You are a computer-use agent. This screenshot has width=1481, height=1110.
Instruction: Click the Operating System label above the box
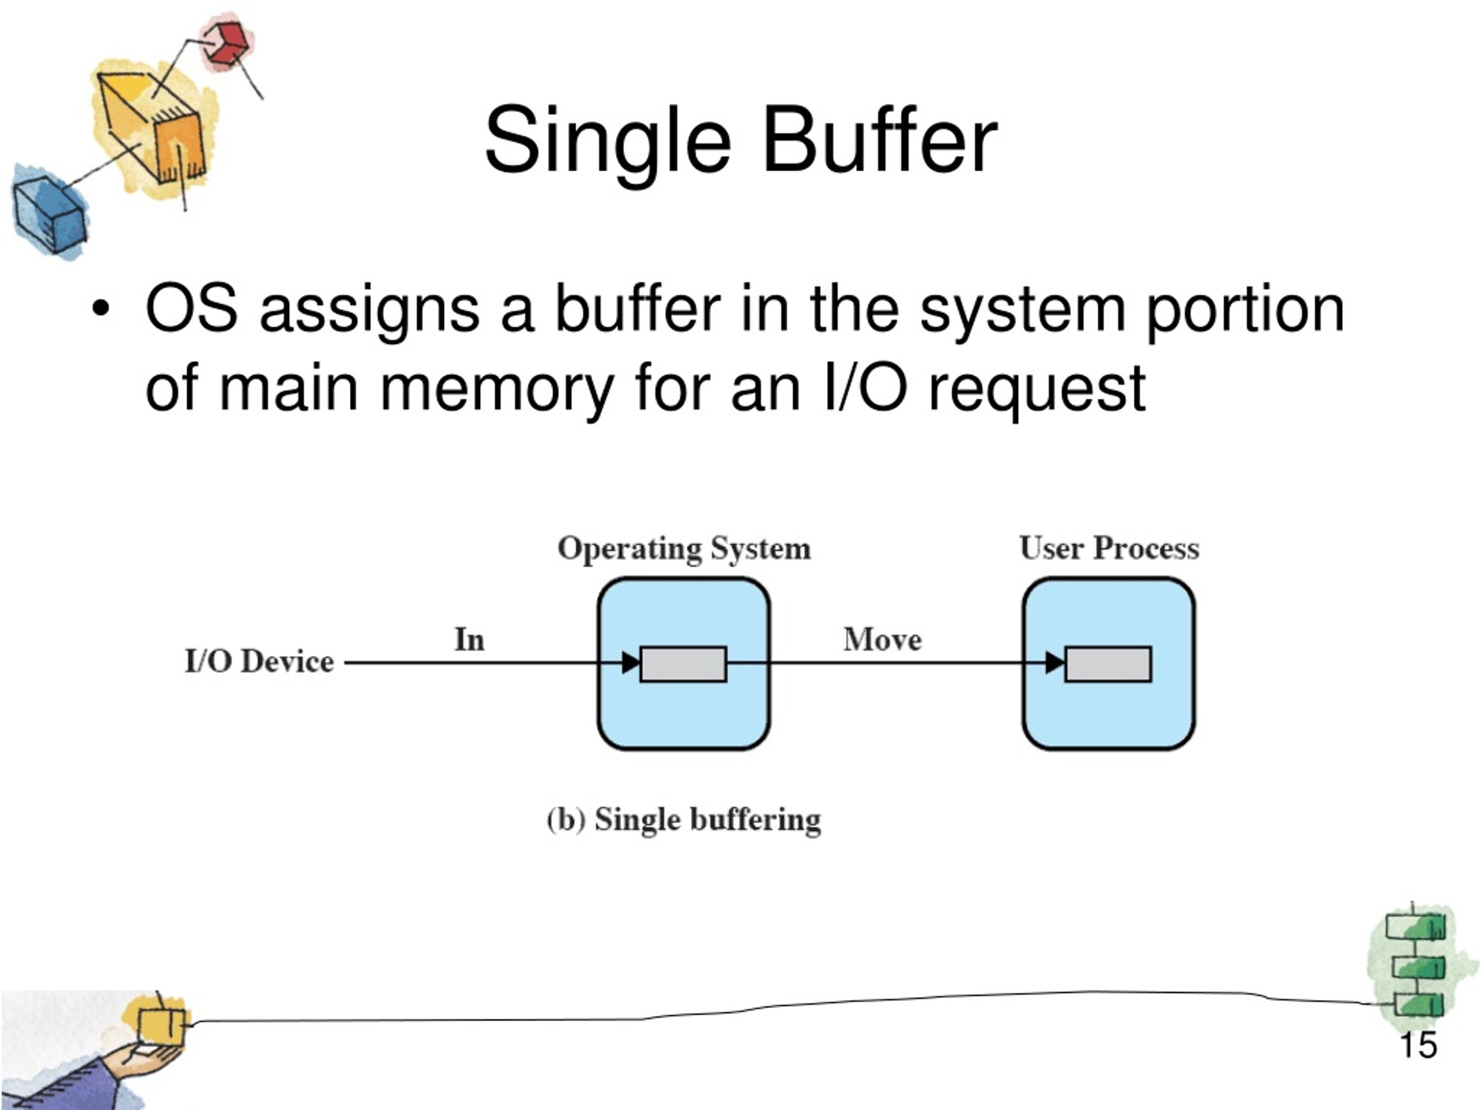(684, 549)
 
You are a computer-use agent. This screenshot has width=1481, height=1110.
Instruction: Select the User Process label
(1109, 549)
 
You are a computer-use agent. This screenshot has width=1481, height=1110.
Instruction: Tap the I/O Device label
(259, 663)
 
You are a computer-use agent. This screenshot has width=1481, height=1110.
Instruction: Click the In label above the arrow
(469, 639)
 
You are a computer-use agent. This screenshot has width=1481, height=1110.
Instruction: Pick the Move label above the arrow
(882, 639)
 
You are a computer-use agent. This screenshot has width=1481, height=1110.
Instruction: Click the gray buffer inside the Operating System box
(683, 664)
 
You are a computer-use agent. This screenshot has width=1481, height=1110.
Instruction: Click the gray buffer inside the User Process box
(1108, 664)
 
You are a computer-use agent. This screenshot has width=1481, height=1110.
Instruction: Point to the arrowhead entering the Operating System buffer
(631, 663)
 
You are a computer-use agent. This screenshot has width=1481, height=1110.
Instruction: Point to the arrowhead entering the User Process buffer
(1055, 663)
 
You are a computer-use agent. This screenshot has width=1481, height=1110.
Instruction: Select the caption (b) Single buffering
(684, 820)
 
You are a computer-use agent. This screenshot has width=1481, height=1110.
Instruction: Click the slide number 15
(1417, 1046)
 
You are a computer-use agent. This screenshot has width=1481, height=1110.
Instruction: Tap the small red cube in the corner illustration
(227, 43)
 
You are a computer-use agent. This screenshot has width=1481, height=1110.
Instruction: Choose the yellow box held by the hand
(161, 1025)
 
